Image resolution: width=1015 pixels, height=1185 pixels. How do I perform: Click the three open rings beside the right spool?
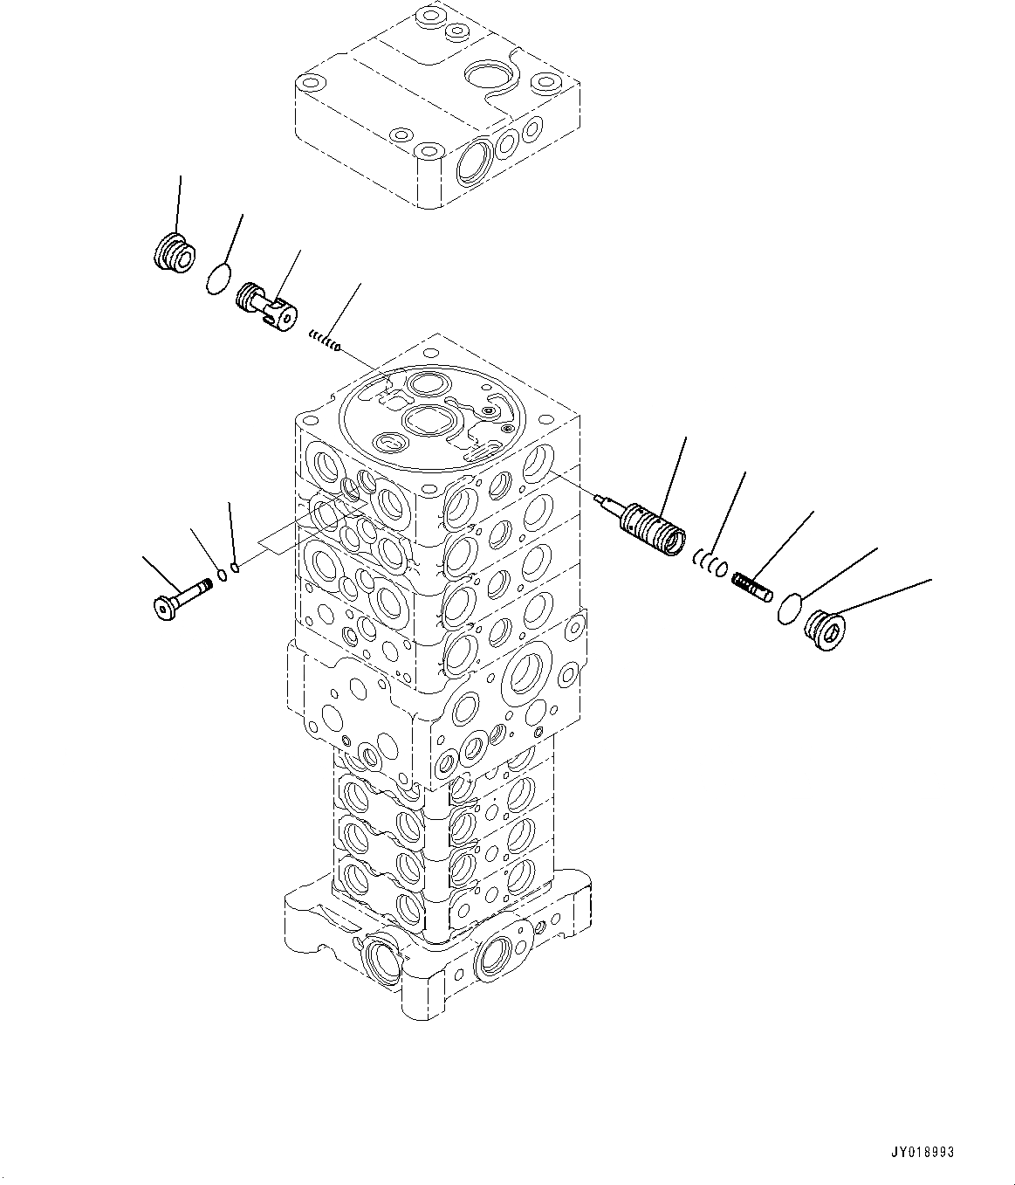pyautogui.click(x=710, y=566)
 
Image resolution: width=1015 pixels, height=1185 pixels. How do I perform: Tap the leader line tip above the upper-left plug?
pyautogui.click(x=181, y=177)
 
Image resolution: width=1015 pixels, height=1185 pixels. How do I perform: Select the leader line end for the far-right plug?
pyautogui.click(x=930, y=579)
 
